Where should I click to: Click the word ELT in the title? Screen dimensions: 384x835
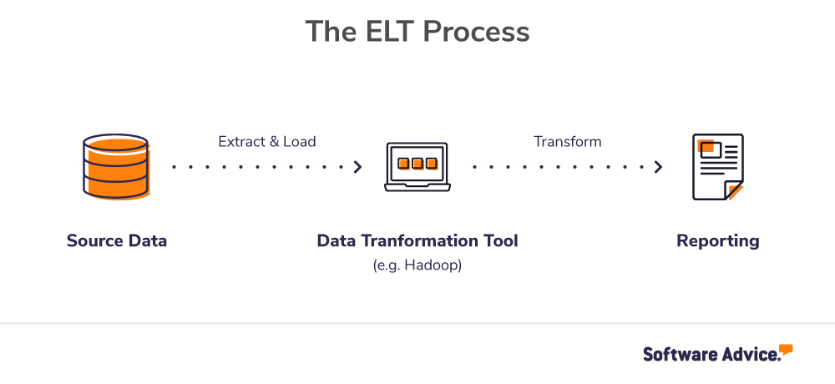pos(390,32)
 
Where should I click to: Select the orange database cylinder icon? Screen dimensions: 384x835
pos(116,167)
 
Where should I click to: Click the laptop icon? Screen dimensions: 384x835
pos(417,167)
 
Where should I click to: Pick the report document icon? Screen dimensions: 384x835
pos(717,167)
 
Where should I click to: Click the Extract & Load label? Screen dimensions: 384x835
pos(267,142)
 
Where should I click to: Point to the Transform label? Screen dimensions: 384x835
pos(568,142)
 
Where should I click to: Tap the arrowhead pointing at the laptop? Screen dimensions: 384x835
pos(357,167)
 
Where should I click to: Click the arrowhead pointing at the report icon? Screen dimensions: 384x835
pos(658,167)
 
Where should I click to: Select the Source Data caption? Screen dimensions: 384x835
pos(117,241)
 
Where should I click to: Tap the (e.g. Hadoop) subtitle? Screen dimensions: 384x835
pos(417,265)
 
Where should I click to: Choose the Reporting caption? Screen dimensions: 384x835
pos(717,241)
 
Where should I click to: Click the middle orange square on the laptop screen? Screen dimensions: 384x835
pos(417,163)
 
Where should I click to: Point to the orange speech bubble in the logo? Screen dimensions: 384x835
pos(786,349)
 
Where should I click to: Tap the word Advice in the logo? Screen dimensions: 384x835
pos(748,354)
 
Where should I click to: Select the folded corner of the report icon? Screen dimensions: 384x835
pos(732,190)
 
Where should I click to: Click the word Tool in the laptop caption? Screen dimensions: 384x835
pos(498,241)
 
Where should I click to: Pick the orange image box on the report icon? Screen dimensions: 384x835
pos(710,149)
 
